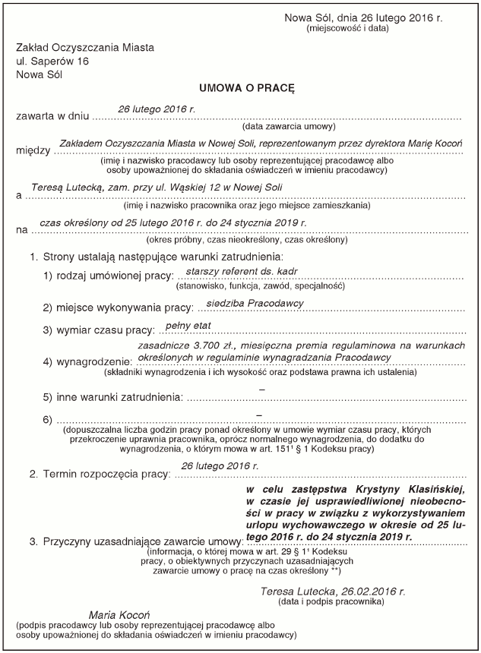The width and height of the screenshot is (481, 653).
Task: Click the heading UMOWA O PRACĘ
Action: tap(246, 89)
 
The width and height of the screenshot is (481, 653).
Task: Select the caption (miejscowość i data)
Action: tap(347, 28)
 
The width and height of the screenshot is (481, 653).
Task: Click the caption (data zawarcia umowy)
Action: tap(283, 128)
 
